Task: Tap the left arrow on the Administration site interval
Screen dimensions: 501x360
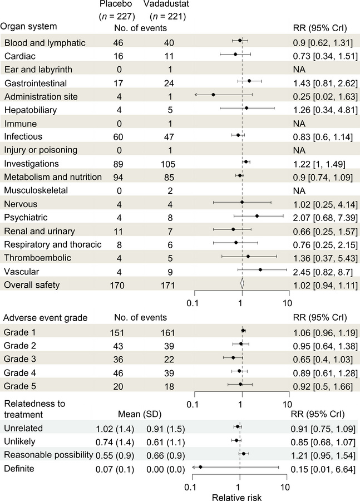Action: (196, 95)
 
